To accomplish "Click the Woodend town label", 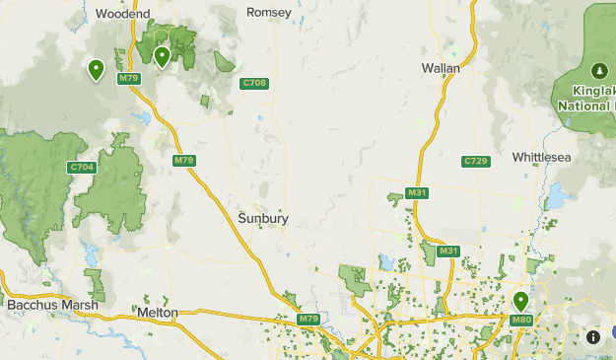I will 123,14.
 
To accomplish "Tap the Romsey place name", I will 269,13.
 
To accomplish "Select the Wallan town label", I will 441,68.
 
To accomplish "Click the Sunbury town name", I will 263,219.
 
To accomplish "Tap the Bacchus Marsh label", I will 52,306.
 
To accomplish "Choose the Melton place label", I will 158,312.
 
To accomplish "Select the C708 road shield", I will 254,84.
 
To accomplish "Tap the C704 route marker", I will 82,168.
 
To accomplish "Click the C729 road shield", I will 476,161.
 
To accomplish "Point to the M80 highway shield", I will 521,320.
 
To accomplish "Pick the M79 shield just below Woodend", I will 128,78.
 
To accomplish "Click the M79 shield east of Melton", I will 308,320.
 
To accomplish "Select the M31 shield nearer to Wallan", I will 416,192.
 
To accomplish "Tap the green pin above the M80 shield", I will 520,300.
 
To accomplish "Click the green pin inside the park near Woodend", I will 162,56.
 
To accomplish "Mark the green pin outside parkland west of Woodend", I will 96,69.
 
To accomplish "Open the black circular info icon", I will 592,336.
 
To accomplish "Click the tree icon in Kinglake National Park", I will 598,71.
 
